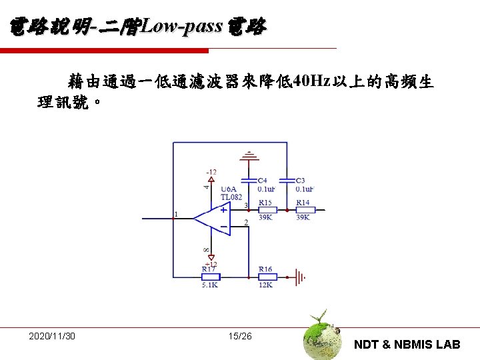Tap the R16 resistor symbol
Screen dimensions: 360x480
tap(266, 276)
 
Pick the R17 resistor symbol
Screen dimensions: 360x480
tap(210, 276)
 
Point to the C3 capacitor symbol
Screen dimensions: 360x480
tap(287, 181)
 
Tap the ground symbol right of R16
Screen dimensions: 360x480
tap(301, 276)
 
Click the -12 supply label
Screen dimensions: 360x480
tap(210, 172)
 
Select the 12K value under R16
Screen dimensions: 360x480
tap(265, 285)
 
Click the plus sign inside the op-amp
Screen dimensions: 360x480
tap(223, 209)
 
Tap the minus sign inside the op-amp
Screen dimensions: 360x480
tap(223, 227)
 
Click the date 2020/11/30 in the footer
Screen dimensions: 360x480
tap(52, 335)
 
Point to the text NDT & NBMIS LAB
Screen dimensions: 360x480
tap(407, 344)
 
